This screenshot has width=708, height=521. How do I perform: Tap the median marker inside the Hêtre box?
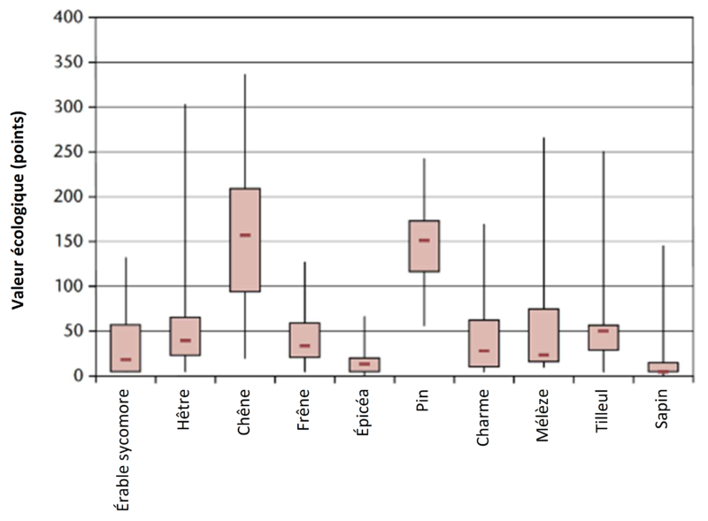[x=185, y=341]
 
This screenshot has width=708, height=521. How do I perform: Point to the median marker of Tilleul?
[x=603, y=331]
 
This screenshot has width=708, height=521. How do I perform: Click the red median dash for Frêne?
[x=304, y=346]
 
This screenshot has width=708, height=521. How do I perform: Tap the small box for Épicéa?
[x=364, y=364]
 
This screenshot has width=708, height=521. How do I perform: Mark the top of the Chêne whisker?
[x=245, y=75]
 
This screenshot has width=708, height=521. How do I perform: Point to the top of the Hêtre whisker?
[x=185, y=104]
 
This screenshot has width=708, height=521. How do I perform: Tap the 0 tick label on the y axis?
[x=79, y=376]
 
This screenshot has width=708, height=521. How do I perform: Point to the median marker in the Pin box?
[x=424, y=240]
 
